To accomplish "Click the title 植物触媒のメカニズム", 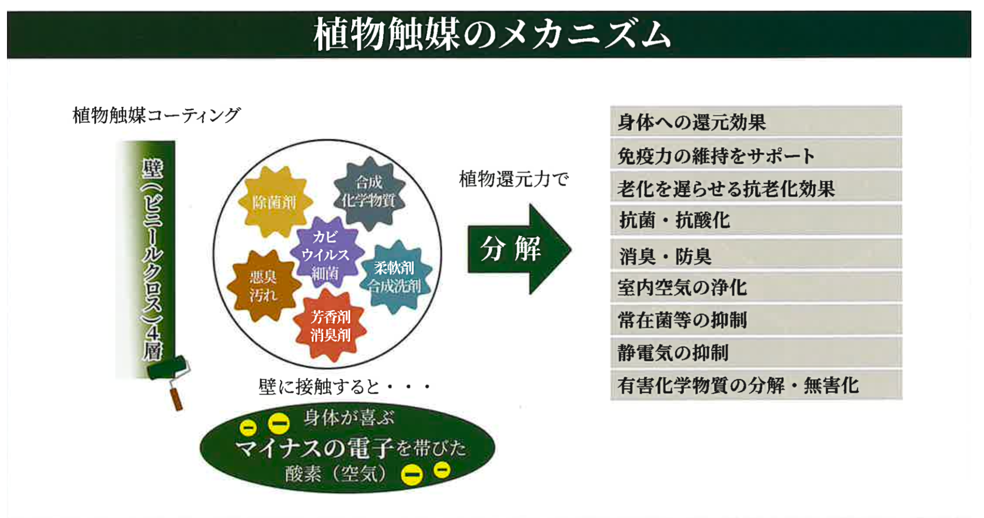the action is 492,34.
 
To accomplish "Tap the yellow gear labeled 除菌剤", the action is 275,202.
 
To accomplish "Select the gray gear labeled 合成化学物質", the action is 369,193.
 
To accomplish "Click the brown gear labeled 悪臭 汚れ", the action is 263,286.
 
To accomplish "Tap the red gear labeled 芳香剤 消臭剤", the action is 330,326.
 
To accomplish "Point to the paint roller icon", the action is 171,379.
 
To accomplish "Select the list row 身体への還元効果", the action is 756,121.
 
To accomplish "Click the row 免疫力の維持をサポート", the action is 756,155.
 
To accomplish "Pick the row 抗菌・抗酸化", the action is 756,220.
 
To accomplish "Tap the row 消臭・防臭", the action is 756,255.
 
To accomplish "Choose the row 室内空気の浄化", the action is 756,287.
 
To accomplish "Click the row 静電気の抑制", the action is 756,353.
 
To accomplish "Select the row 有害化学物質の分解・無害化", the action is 756,385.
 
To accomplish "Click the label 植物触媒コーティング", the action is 156,115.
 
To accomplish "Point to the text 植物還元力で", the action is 514,179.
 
